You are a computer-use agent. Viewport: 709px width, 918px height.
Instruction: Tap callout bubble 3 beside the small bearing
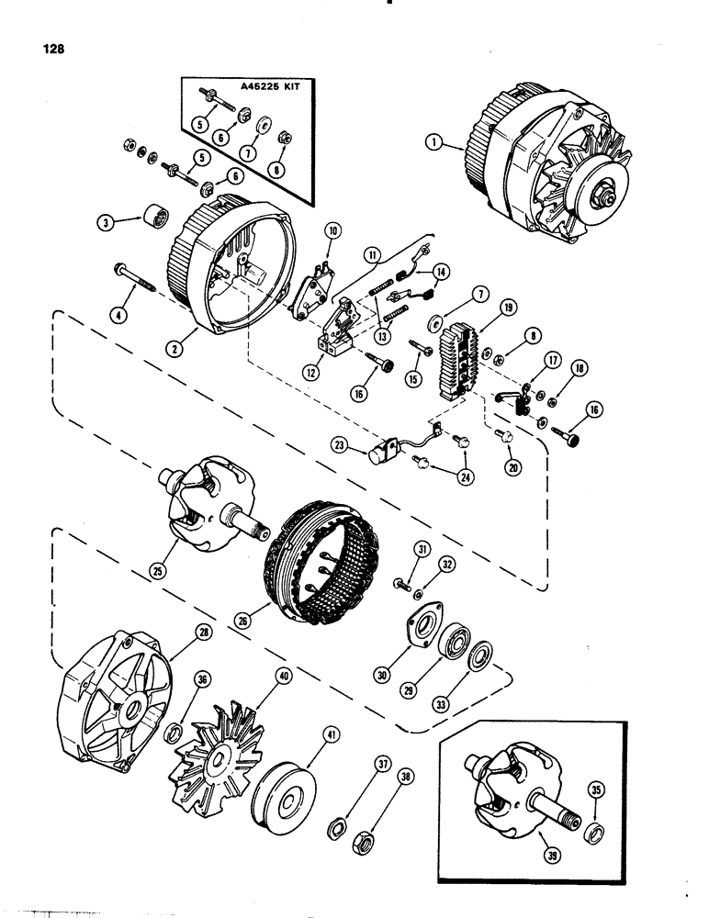coord(108,221)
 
